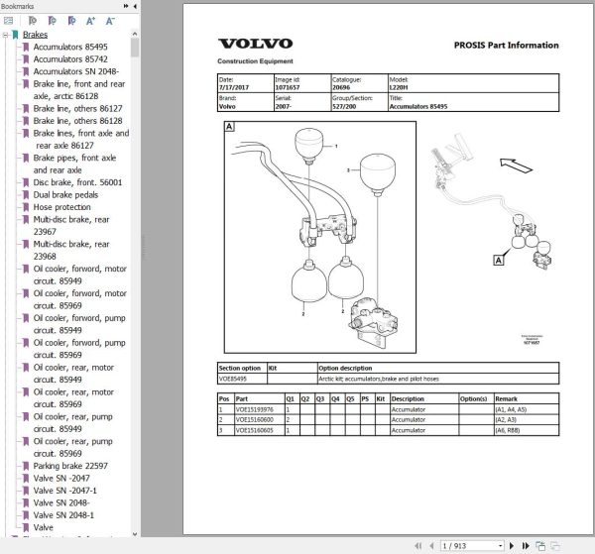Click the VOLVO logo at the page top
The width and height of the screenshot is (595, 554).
pyautogui.click(x=255, y=44)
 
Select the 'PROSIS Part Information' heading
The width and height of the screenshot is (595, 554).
pyautogui.click(x=506, y=45)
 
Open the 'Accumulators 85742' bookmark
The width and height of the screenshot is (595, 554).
pyautogui.click(x=70, y=59)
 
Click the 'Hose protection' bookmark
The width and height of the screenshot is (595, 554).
pyautogui.click(x=62, y=207)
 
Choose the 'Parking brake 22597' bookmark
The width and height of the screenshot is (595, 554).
pyautogui.click(x=70, y=466)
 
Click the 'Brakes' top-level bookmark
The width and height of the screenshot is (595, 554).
pyautogui.click(x=35, y=35)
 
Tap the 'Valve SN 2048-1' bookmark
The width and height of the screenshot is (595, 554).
pyautogui.click(x=65, y=515)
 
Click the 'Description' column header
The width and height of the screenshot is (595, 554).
pyautogui.click(x=409, y=398)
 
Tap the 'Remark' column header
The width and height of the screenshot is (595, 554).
pyautogui.click(x=507, y=398)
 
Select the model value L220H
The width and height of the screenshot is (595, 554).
pyautogui.click(x=401, y=88)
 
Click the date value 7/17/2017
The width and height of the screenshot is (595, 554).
pyautogui.click(x=235, y=88)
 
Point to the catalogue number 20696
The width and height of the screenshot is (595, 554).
pyautogui.click(x=342, y=88)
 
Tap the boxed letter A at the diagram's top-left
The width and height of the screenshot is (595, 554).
pyautogui.click(x=230, y=126)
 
